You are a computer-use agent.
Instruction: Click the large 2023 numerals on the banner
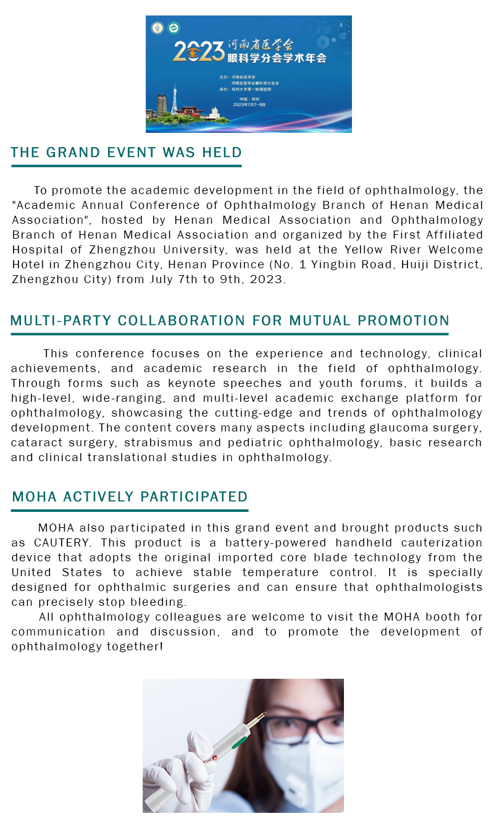click(x=198, y=52)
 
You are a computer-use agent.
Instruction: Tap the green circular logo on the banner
click(x=174, y=28)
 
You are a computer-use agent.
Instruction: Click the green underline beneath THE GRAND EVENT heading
click(x=126, y=166)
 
